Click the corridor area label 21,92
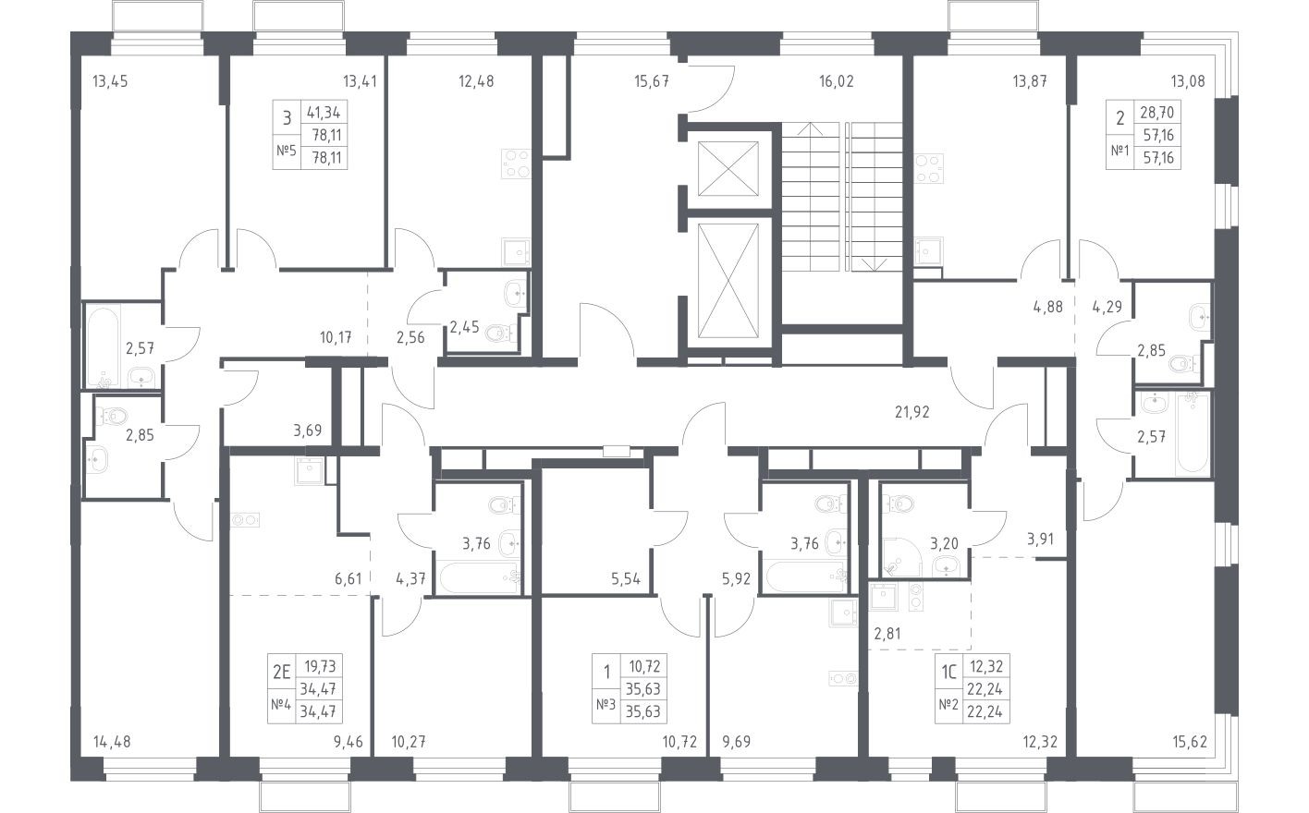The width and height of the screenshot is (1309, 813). [911, 412]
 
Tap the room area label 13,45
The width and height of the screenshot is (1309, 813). [110, 81]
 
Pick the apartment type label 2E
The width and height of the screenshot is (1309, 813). [281, 673]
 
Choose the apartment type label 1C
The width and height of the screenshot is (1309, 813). [948, 673]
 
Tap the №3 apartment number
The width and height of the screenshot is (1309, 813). [606, 706]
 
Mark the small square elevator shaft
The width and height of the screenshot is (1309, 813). [728, 169]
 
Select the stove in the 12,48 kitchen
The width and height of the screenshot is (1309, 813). [514, 164]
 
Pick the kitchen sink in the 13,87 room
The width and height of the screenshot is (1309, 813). [927, 250]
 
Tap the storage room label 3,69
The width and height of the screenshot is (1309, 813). [309, 430]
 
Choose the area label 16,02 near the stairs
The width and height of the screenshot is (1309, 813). [836, 81]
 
